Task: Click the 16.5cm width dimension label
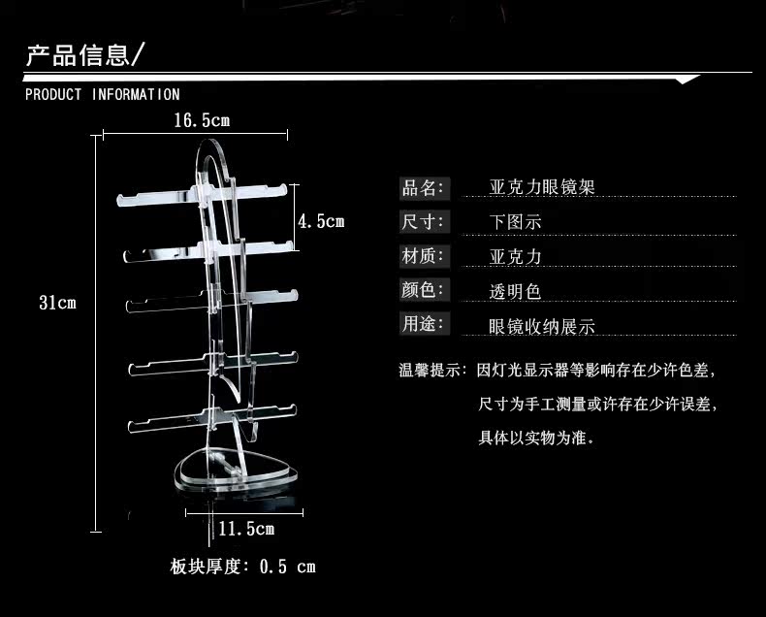coord(202,121)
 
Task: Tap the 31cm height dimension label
coord(57,303)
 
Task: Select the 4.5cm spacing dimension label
coord(321,221)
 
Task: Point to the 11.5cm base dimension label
coord(245,529)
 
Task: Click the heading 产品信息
coord(79,54)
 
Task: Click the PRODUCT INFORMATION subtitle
coord(102,95)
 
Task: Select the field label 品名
coord(423,187)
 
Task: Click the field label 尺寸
coord(423,221)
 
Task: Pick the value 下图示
coord(516,222)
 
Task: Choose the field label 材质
coord(423,256)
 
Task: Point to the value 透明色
coord(516,291)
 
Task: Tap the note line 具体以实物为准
coord(535,438)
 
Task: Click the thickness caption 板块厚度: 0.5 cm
coord(242,567)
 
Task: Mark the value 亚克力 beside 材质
coord(516,257)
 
